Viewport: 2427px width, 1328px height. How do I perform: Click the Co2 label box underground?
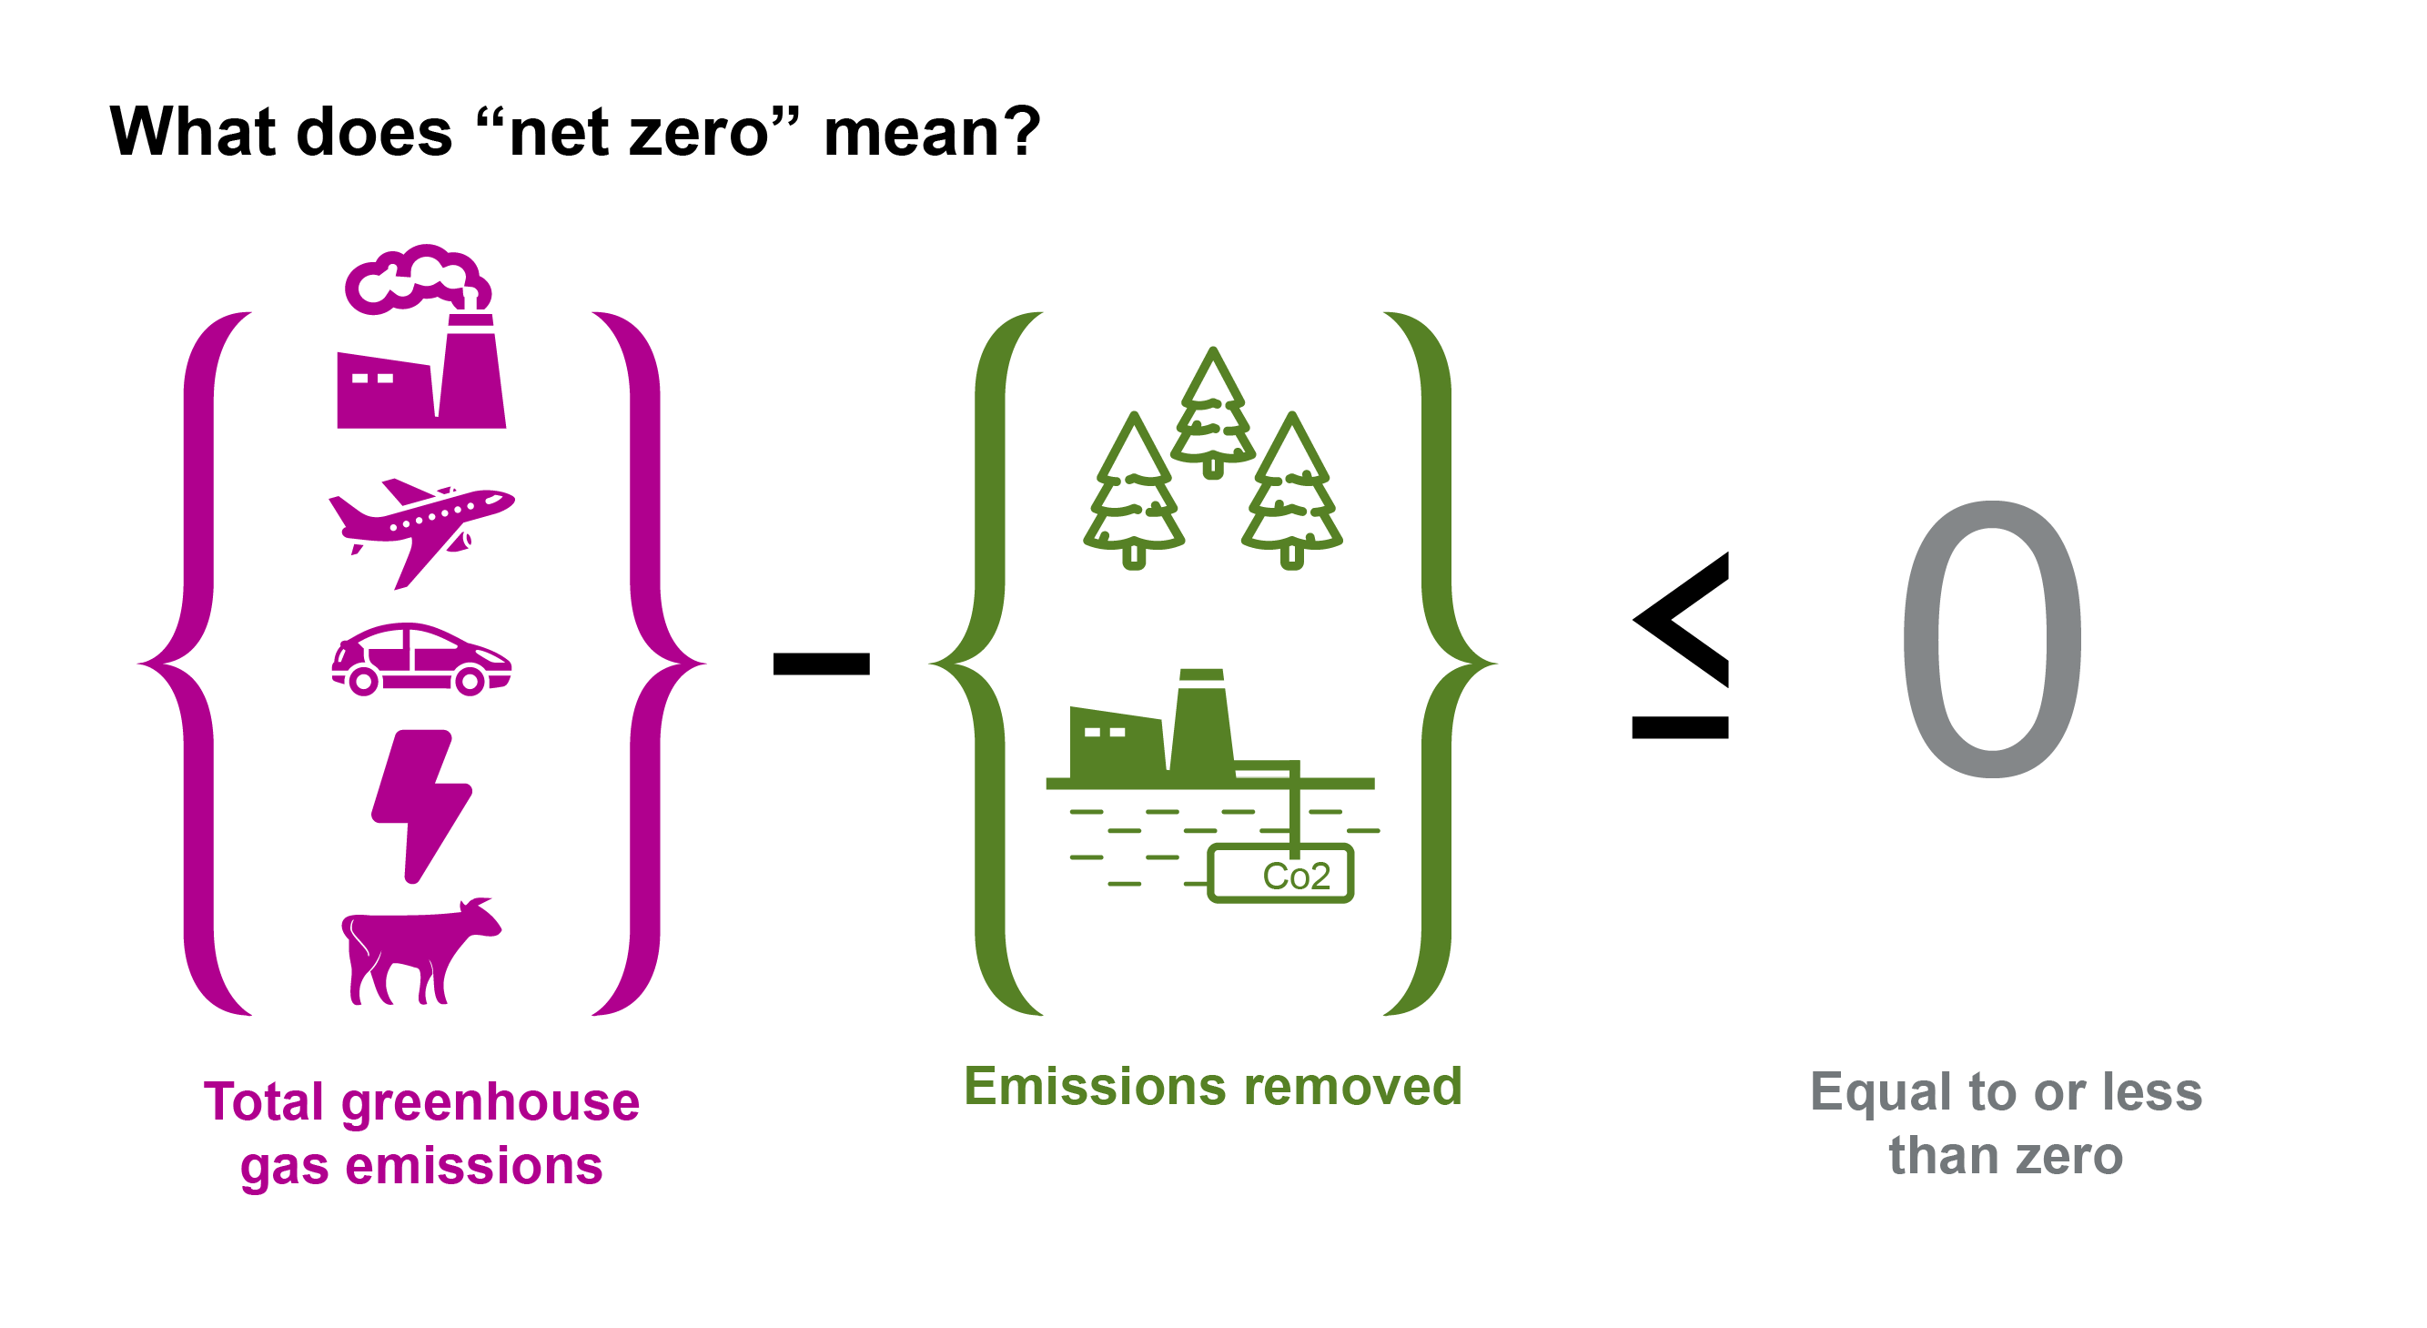pyautogui.click(x=1280, y=874)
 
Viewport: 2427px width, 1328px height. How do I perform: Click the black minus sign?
pyautogui.click(x=821, y=664)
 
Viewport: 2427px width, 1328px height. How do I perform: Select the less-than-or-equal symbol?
pyautogui.click(x=1680, y=646)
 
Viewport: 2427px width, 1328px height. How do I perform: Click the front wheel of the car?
pyautogui.click(x=470, y=681)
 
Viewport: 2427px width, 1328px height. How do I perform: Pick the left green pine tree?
pyautogui.click(x=1133, y=490)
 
